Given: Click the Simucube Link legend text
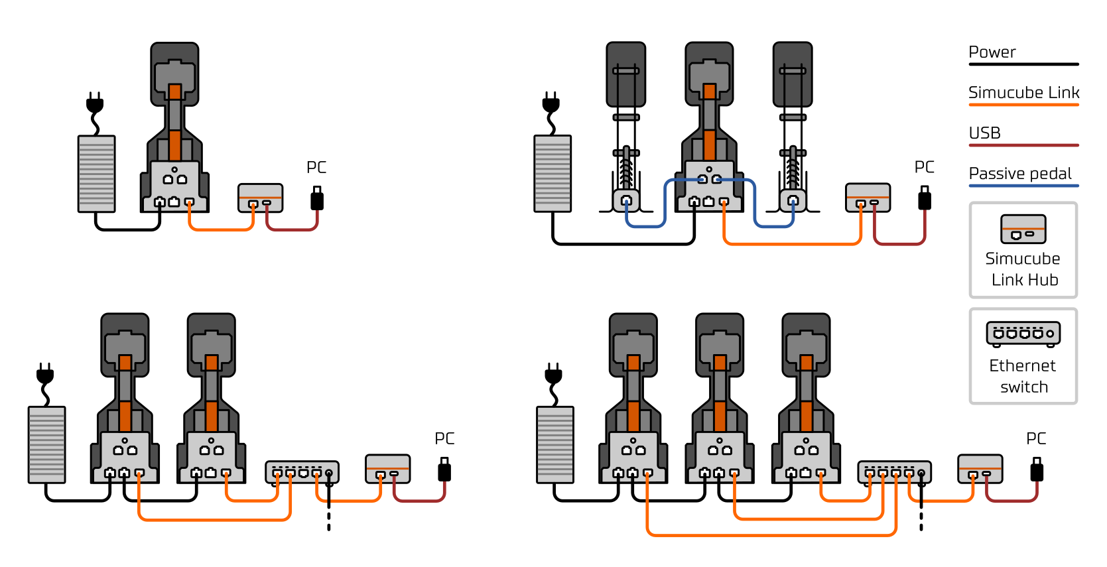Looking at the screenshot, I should pos(1023,93).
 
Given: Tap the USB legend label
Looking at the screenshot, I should pos(984,133).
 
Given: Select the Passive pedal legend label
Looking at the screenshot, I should pos(1019,174).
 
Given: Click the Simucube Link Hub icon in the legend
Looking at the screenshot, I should pos(1023,229).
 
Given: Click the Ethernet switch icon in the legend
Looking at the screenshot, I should pos(1023,334).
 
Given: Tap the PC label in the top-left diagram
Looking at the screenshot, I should pos(316,167).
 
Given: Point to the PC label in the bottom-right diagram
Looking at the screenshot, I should pos(1035,438).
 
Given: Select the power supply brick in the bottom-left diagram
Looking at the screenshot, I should pos(46,444).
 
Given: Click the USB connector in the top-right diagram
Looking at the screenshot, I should pos(924,198).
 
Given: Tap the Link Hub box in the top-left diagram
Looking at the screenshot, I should pos(260,198).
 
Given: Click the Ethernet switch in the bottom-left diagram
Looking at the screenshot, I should pos(302,472).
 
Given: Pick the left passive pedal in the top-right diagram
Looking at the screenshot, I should pos(625,126).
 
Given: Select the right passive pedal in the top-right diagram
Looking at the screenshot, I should pos(792,126).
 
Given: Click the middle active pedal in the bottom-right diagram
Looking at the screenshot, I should pos(720,398).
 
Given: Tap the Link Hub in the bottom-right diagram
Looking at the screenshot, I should pos(980,469).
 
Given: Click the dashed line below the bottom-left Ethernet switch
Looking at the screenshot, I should pos(329,514).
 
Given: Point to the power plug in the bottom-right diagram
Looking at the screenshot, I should pos(553,375).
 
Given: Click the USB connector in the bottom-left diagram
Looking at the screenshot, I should pos(444,470).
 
